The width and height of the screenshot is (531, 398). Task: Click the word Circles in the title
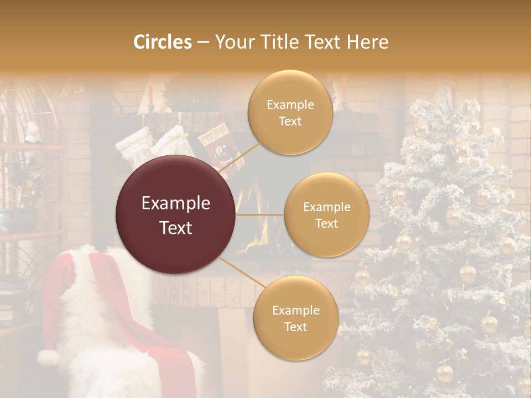[163, 42]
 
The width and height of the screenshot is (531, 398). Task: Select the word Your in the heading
[232, 42]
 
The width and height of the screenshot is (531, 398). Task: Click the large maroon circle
[176, 214]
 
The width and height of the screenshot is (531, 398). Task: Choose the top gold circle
[290, 112]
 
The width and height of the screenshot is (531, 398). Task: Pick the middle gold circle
[326, 214]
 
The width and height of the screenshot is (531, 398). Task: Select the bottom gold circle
[295, 318]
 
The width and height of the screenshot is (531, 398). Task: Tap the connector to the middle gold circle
[259, 214]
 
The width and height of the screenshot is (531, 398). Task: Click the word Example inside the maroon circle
[176, 203]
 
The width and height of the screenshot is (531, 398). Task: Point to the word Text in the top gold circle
[290, 121]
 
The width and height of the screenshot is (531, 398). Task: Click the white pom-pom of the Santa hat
[49, 358]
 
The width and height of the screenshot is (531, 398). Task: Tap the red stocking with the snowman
[221, 147]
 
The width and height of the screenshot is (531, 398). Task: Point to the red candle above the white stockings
[150, 95]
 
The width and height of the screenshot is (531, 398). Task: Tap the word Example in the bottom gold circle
[295, 310]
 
